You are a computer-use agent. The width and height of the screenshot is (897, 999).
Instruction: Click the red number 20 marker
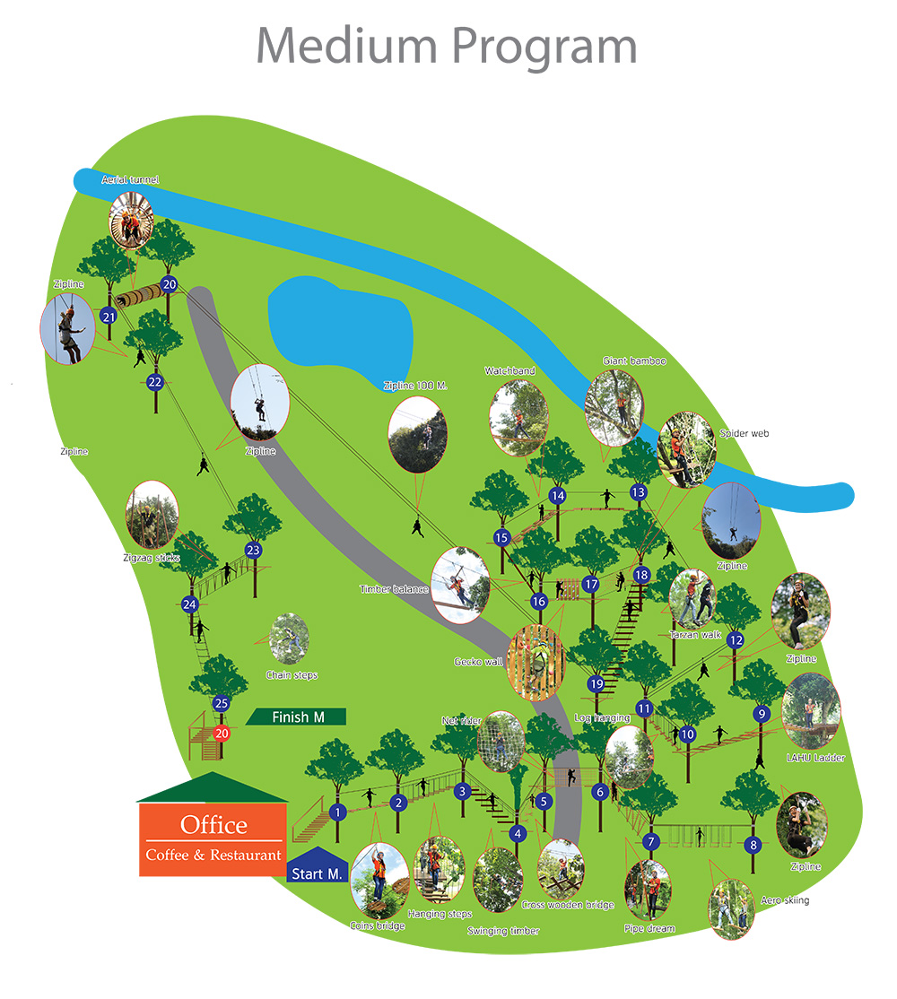[x=222, y=734]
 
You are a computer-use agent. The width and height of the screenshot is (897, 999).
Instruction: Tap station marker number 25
[x=221, y=703]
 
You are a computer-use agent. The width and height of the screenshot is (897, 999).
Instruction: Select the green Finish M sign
[x=296, y=717]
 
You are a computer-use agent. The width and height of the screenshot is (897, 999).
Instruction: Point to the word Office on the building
[x=213, y=825]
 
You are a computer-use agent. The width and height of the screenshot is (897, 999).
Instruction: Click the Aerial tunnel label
[x=130, y=179]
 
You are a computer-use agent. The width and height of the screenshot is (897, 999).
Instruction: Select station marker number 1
[x=337, y=812]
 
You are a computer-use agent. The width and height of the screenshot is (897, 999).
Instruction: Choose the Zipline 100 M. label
[x=415, y=386]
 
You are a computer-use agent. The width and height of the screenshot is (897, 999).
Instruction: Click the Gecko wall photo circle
[x=536, y=663]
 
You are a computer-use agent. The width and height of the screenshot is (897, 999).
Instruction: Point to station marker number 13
[x=639, y=491]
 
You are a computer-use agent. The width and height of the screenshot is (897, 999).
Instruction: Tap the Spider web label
[x=745, y=433]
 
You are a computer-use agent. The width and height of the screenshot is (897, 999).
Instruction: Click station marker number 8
[x=753, y=845]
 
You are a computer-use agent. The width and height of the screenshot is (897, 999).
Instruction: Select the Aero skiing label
[x=785, y=900]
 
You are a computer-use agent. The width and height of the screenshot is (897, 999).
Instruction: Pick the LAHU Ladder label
[x=815, y=758]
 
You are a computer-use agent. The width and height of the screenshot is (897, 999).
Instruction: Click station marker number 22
[x=155, y=382]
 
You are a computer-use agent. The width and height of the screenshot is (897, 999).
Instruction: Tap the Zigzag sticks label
[x=152, y=558]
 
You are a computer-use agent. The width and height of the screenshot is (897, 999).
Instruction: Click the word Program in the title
[x=544, y=48]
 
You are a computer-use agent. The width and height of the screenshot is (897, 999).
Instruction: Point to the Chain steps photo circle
[x=289, y=639]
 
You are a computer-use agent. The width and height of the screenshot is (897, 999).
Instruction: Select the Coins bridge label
[x=377, y=925]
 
